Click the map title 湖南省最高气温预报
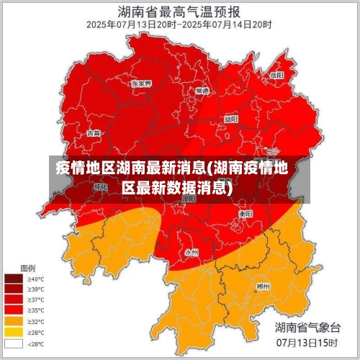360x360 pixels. coord(179,11)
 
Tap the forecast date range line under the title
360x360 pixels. coord(179,24)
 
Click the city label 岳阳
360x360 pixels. coord(276,74)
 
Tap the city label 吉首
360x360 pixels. coord(94,133)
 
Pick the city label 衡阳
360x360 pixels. coord(246,214)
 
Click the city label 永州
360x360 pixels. coord(192,252)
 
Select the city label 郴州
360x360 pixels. coord(264,286)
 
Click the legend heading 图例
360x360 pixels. coord(28,268)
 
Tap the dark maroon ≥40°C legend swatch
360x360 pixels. coord(13,279)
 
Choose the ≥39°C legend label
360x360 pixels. coord(36,289)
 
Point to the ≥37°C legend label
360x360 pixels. coord(36,300)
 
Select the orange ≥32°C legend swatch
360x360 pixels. coord(13,321)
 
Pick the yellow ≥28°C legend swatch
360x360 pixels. coord(13,332)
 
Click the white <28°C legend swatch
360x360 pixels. coord(13,343)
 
